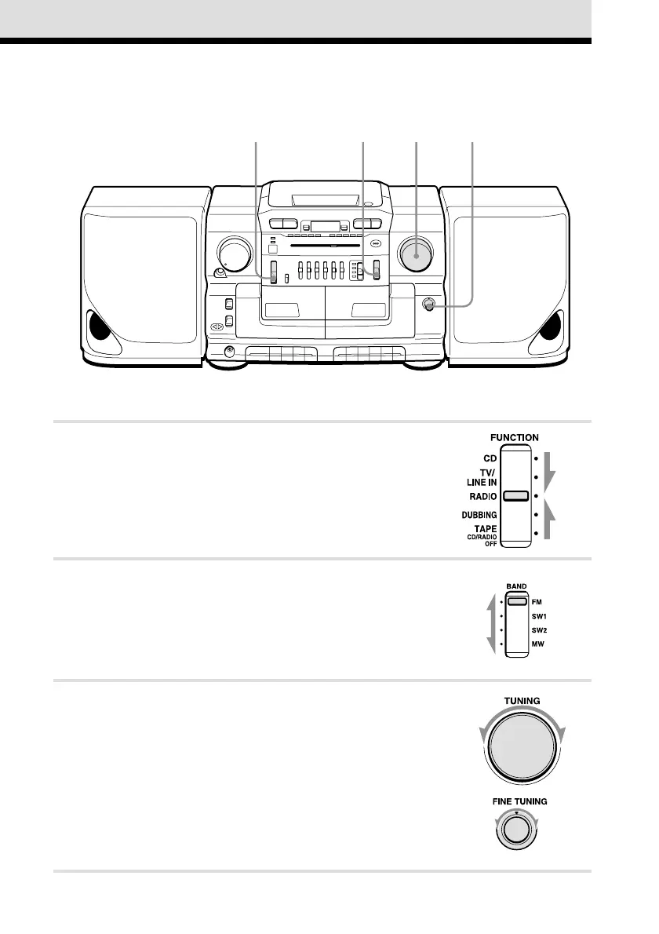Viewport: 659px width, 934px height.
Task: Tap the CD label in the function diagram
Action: pyautogui.click(x=490, y=458)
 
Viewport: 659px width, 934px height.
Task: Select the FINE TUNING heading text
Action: pyautogui.click(x=515, y=801)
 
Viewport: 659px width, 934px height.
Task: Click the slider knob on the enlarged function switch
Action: pyautogui.click(x=515, y=496)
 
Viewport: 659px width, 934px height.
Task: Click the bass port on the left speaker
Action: pyautogui.click(x=99, y=328)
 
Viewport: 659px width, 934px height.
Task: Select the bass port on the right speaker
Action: pyautogui.click(x=553, y=328)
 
